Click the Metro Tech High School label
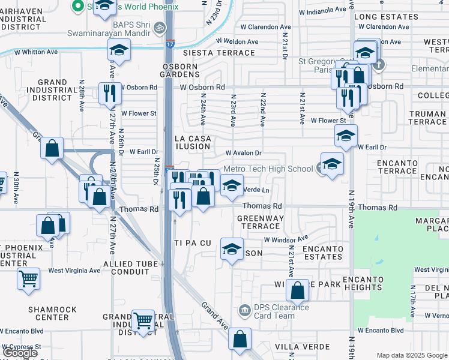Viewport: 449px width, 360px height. [268, 169]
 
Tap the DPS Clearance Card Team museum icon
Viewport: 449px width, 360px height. [244, 310]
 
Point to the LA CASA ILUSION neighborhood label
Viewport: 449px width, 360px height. [193, 142]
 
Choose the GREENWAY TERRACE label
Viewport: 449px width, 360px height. [260, 222]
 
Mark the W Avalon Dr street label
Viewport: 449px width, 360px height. [243, 153]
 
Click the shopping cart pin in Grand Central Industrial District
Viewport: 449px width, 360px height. [143, 321]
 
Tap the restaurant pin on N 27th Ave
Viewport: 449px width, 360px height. [110, 93]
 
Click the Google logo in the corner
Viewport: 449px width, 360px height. [20, 353]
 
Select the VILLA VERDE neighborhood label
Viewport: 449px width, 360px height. [302, 347]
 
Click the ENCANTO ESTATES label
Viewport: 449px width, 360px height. [322, 253]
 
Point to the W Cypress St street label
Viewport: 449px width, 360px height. [22, 347]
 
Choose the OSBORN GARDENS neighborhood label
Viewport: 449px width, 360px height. [179, 70]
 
